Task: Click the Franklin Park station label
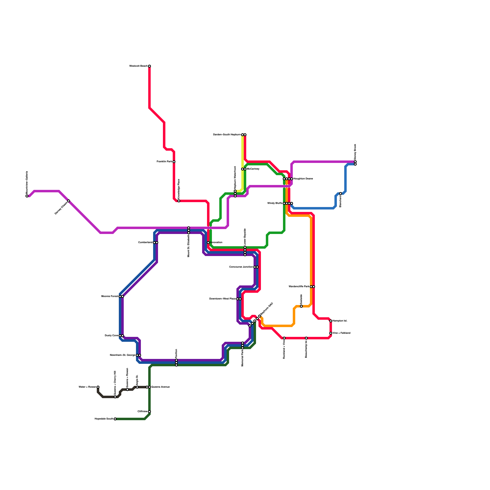[x=164, y=162]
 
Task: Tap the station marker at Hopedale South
[x=115, y=419]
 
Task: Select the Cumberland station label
[x=145, y=243]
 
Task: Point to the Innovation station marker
[x=208, y=243]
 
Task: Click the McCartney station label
[x=253, y=169]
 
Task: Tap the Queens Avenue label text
[x=160, y=387]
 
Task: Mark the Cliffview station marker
[x=149, y=412]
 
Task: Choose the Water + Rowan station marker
[x=98, y=387]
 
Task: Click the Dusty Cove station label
[x=111, y=336]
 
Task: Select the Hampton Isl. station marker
[x=331, y=321]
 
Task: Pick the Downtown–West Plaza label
[x=222, y=299]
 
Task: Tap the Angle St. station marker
[x=137, y=387]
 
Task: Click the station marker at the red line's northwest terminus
[x=149, y=66]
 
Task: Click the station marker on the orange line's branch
[x=301, y=306]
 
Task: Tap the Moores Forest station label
[x=110, y=296]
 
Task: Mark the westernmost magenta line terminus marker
[x=27, y=196]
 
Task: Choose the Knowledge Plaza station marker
[x=179, y=201]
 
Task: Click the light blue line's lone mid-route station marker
[x=341, y=194]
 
